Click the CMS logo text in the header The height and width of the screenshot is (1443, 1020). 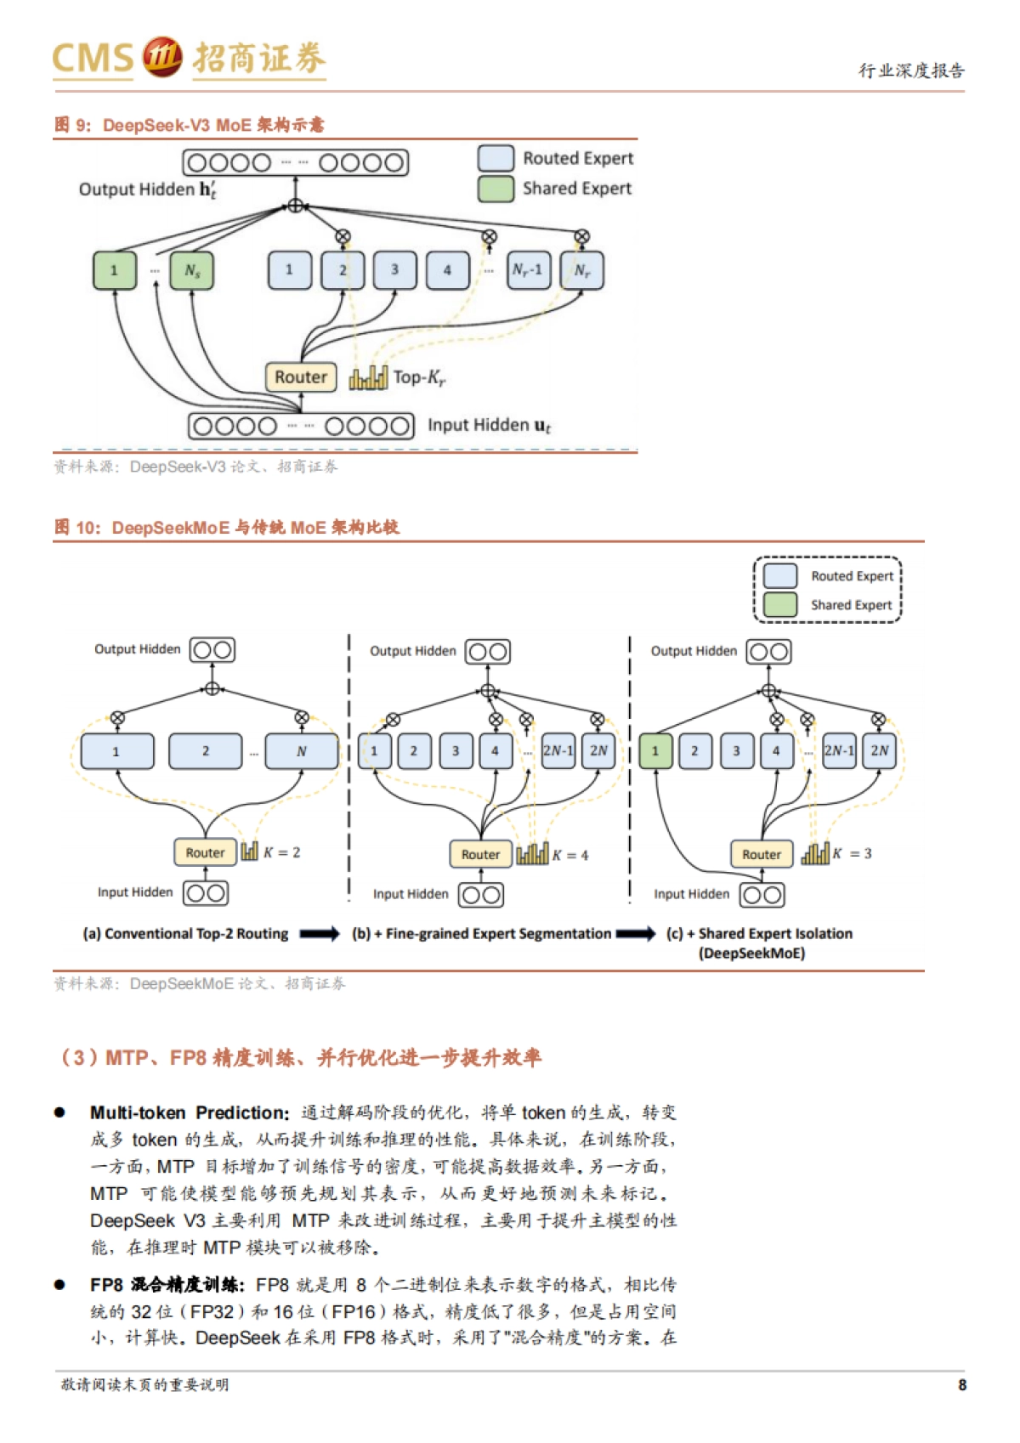tap(93, 58)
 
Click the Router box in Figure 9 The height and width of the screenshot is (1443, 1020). tap(301, 376)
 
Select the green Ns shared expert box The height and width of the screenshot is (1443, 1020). tap(192, 270)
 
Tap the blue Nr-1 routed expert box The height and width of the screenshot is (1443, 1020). tap(528, 270)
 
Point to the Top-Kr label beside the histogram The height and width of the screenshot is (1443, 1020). tap(419, 377)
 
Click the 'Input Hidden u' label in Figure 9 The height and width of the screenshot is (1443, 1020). tap(489, 425)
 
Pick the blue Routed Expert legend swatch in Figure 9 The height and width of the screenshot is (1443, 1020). tap(496, 158)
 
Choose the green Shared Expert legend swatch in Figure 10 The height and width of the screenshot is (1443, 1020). tap(779, 604)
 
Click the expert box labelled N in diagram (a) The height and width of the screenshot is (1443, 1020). tap(301, 751)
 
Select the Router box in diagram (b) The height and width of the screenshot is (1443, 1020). tap(480, 854)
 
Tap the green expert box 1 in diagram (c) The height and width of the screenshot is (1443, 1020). tap(655, 751)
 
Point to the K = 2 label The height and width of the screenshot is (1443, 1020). tap(281, 852)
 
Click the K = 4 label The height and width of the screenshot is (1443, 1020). tap(570, 855)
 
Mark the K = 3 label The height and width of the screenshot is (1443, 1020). tap(852, 853)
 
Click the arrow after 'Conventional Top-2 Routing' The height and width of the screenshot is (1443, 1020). tap(320, 933)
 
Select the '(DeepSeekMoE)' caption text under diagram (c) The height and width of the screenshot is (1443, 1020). tap(751, 953)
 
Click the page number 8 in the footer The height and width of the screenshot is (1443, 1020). tap(962, 1384)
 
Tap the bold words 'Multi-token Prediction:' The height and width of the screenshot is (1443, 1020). tap(190, 1112)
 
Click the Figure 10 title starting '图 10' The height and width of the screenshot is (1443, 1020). tap(226, 528)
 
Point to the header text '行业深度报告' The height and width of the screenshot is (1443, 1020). tap(911, 71)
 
